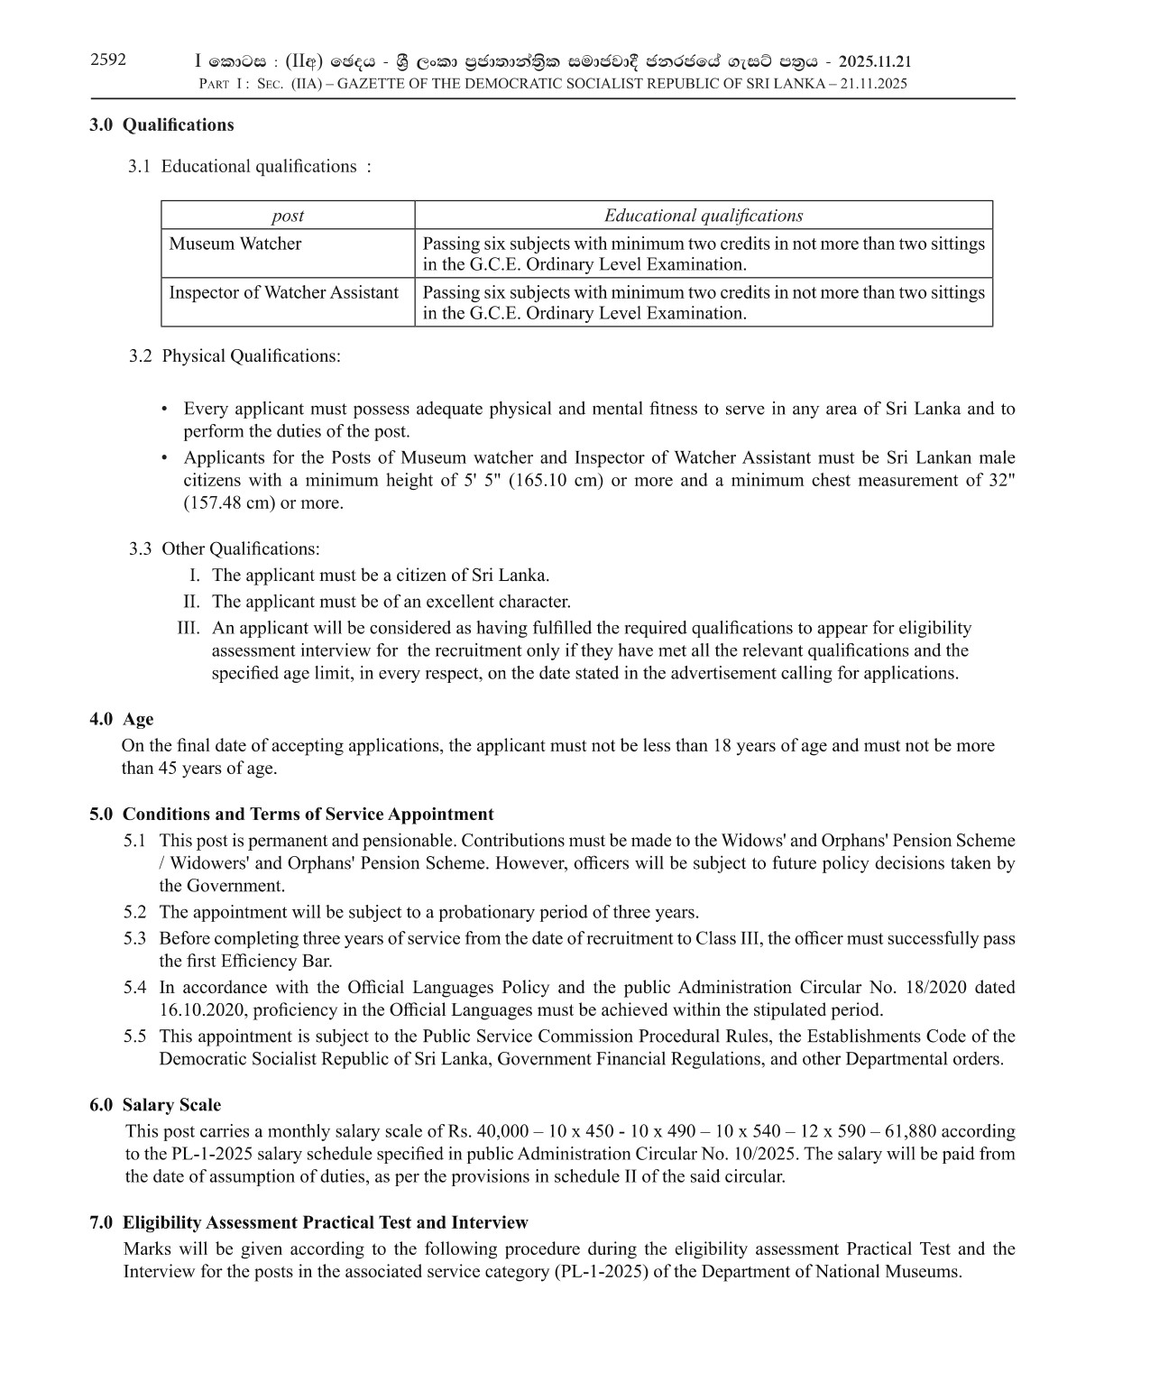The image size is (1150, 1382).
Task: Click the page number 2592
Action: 108,60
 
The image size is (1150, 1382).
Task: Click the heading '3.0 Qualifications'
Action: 161,125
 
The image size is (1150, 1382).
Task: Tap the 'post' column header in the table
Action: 288,216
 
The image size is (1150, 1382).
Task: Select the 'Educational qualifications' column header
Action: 703,216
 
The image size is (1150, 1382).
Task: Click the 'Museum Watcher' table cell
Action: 235,244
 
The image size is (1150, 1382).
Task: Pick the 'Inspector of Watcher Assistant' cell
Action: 283,292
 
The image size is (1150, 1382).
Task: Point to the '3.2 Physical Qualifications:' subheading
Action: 235,356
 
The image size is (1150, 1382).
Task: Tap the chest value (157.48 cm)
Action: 229,502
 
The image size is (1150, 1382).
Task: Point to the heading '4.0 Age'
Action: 122,720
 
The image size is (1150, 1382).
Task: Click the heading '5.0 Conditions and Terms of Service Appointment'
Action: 291,815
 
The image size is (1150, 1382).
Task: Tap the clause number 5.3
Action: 134,939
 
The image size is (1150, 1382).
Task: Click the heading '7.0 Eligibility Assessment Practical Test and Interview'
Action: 308,1223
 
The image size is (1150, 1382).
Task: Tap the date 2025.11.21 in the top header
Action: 874,61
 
